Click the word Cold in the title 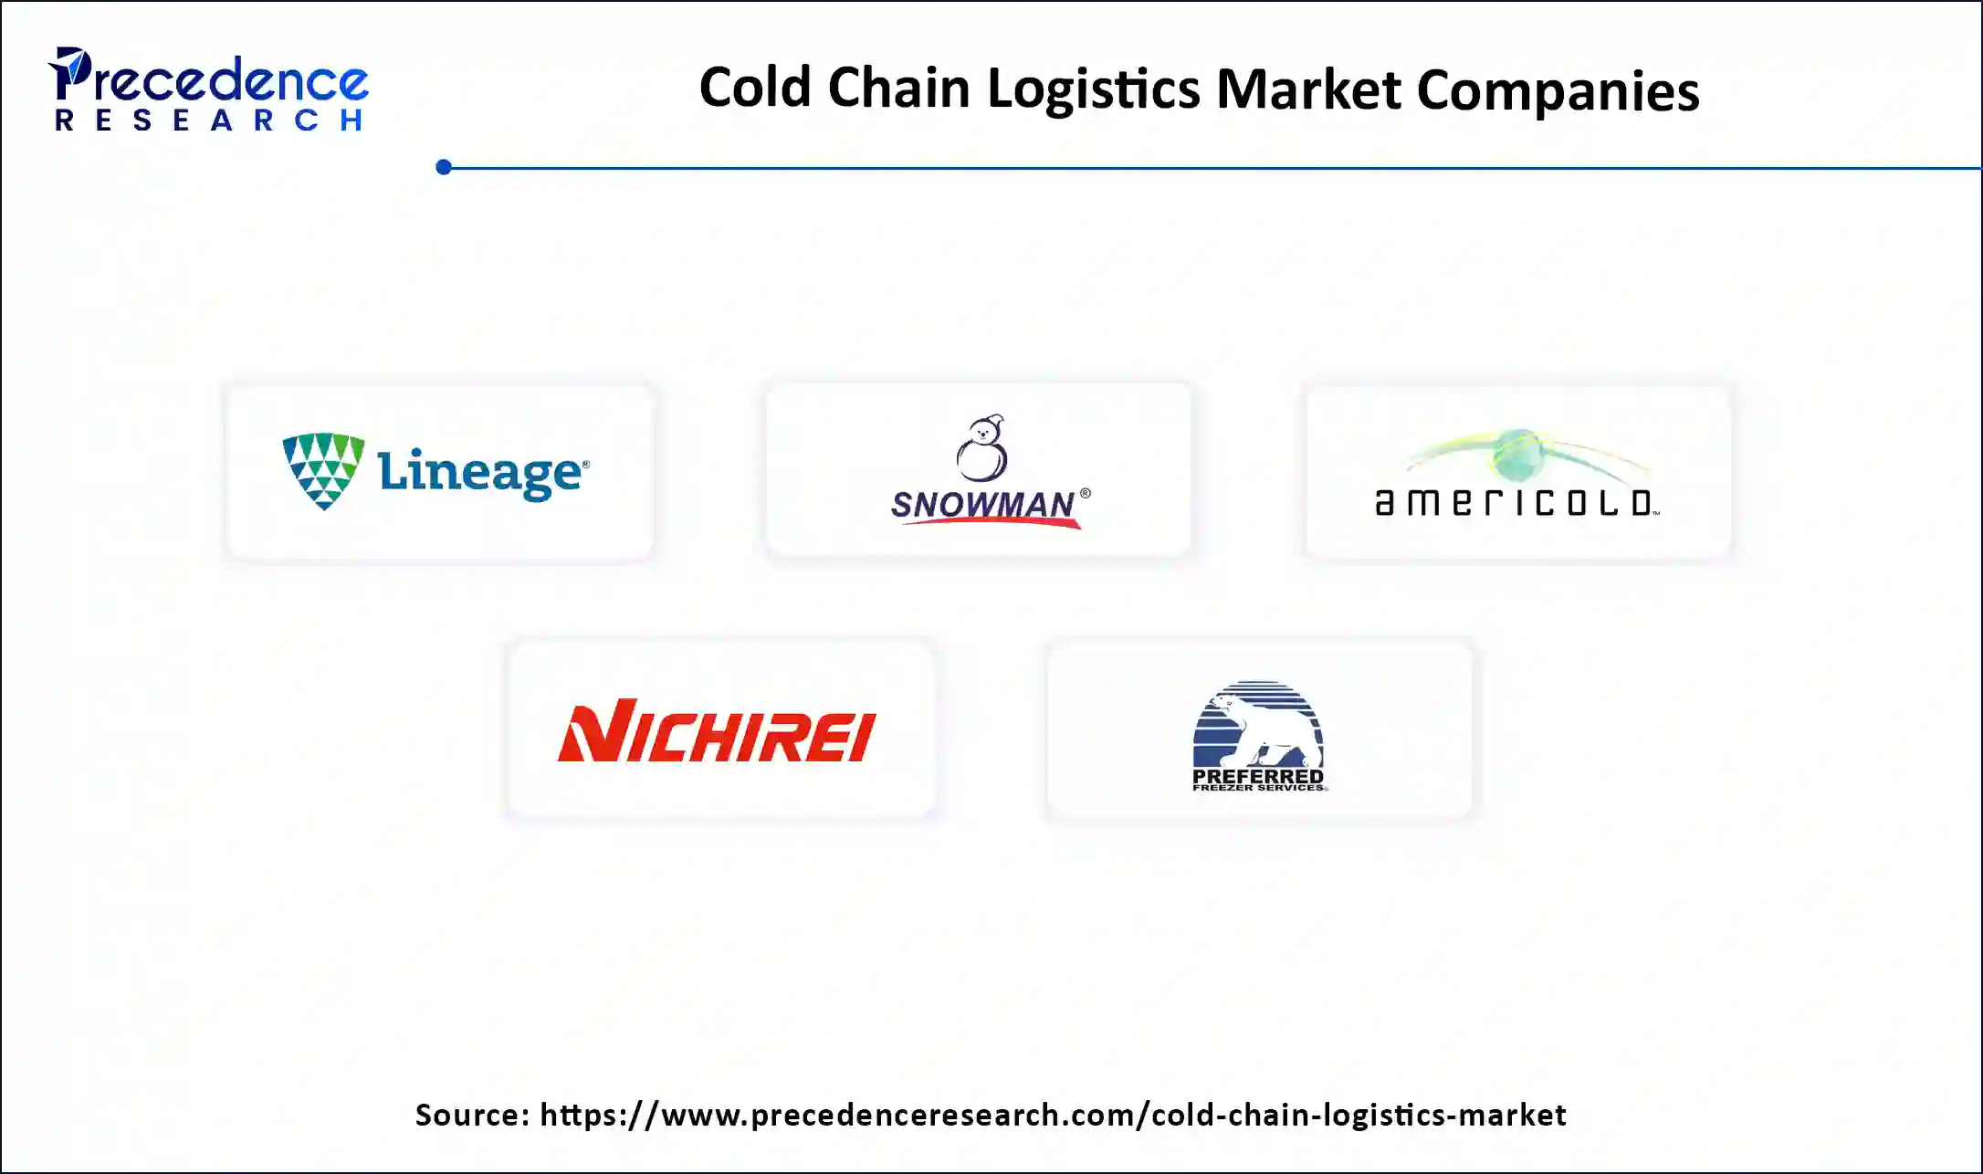754,89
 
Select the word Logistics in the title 1094,90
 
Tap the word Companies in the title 1558,90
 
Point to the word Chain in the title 898,89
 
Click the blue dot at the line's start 444,167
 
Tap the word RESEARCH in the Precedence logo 209,121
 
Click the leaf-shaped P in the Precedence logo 69,73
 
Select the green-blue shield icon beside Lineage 323,470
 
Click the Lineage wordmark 482,472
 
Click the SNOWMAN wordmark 982,503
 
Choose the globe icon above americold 1518,455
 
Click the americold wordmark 1516,503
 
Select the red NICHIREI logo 717,730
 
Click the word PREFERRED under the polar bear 1257,776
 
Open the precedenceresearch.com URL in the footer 1053,1115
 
